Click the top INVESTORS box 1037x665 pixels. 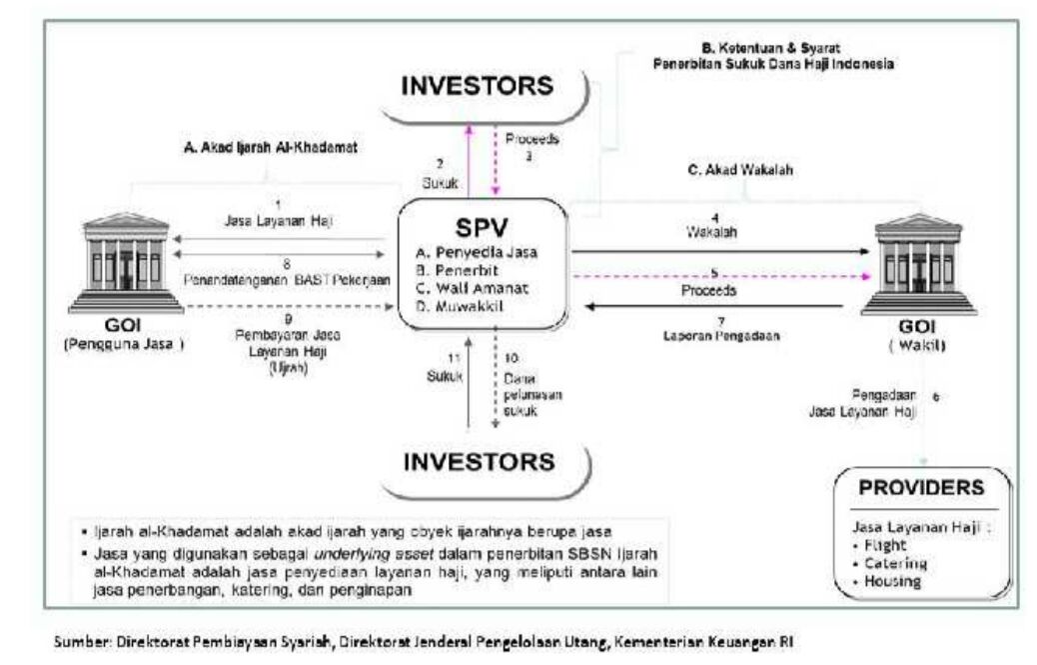477,87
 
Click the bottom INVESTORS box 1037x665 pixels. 477,462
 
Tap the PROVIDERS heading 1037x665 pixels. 923,489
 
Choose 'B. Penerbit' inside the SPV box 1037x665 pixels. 459,270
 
